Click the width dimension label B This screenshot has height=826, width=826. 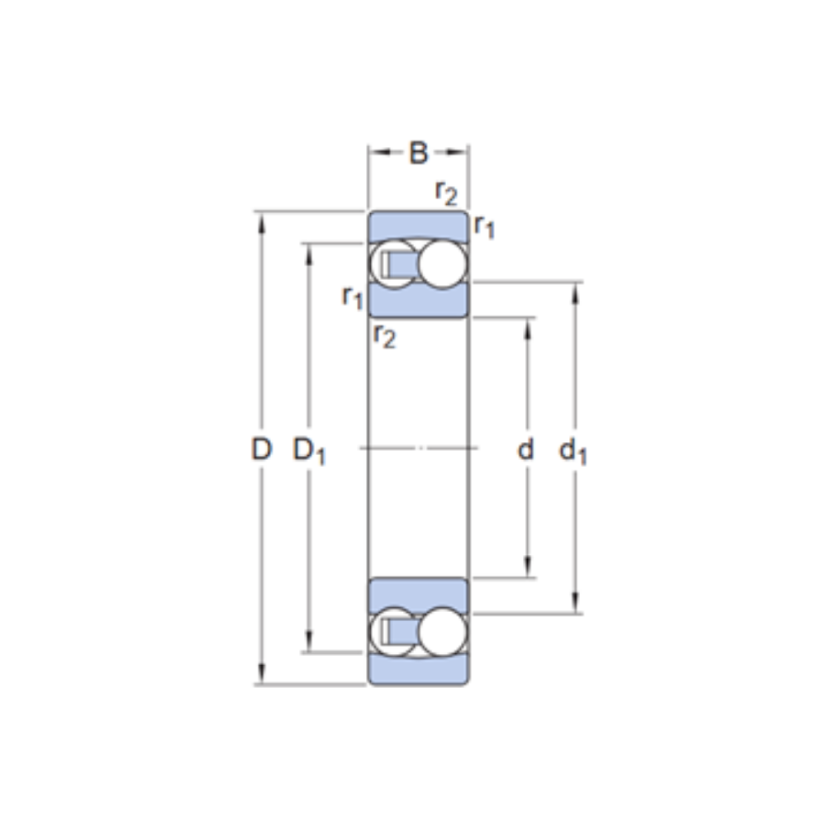[419, 153]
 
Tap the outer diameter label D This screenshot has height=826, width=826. [261, 449]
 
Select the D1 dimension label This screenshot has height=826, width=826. [309, 452]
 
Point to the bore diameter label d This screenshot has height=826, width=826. [525, 449]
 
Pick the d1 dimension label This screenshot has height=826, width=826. [572, 452]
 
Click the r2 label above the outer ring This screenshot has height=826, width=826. [447, 193]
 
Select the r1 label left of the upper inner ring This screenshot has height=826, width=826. [353, 297]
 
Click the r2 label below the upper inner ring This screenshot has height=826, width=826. [385, 335]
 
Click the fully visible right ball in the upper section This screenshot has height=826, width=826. [443, 264]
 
